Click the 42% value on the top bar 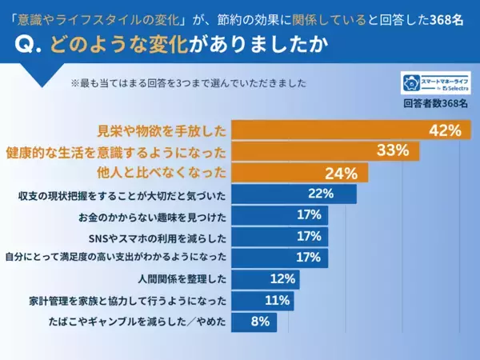[x=446, y=130]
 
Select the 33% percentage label [x=393, y=151]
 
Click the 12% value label [x=282, y=279]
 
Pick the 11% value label [x=277, y=301]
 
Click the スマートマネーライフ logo [x=436, y=83]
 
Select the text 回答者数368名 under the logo [x=436, y=103]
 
